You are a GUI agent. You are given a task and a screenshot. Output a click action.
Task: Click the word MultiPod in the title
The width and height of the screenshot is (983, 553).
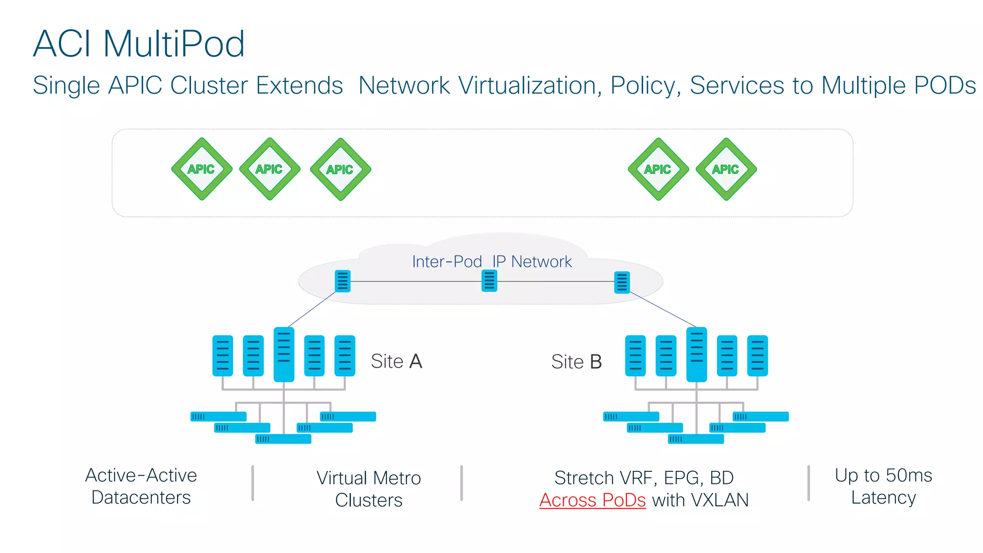click(x=174, y=44)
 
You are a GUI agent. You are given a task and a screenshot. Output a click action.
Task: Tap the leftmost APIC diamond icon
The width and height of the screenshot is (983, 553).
click(x=202, y=169)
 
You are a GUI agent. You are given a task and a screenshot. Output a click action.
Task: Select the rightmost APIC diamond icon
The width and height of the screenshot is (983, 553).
click(x=726, y=169)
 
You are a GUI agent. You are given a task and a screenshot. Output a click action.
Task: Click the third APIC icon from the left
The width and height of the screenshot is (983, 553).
click(x=340, y=169)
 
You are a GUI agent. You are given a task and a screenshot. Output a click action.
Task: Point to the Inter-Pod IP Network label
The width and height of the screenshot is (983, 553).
click(x=491, y=262)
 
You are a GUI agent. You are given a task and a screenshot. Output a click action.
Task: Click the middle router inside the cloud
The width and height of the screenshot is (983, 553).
click(x=489, y=281)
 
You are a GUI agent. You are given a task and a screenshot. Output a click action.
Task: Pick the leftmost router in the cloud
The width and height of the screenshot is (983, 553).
click(x=343, y=281)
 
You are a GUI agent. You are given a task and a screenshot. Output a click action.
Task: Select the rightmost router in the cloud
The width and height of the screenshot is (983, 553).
click(x=622, y=282)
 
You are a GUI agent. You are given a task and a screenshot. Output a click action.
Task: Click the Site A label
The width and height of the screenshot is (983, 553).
click(x=396, y=361)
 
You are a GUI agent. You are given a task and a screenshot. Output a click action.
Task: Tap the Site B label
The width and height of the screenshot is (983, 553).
click(x=576, y=361)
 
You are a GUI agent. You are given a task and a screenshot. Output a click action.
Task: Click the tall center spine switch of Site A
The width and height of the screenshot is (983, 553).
click(x=284, y=354)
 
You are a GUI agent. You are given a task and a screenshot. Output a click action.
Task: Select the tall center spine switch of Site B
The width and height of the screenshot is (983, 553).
click(x=696, y=354)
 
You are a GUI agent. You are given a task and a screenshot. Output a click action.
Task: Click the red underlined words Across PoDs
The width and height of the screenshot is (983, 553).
click(x=592, y=500)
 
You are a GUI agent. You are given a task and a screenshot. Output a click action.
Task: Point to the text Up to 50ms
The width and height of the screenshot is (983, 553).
click(x=883, y=475)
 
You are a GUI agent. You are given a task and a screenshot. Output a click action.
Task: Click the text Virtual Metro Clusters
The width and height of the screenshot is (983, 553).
click(x=369, y=489)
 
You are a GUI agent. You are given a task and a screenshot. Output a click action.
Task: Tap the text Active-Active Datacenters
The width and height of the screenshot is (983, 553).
click(x=141, y=486)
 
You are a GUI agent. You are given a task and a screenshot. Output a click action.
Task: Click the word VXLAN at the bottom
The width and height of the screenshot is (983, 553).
click(x=719, y=500)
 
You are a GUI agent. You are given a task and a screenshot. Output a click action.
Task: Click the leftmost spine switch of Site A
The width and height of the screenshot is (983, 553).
click(x=223, y=356)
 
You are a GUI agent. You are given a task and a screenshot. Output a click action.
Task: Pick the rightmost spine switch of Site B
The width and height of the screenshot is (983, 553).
click(x=757, y=356)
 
